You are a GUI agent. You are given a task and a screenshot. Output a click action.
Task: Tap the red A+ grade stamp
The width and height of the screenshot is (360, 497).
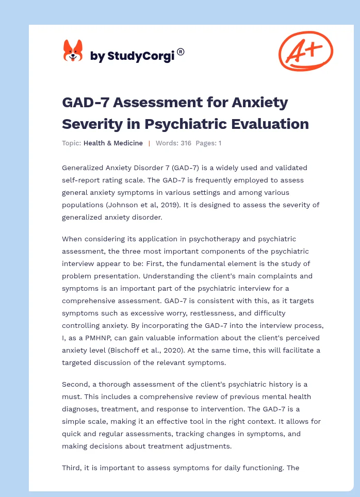[305, 51]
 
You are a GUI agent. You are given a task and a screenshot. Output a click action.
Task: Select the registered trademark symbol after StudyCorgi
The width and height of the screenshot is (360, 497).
[181, 52]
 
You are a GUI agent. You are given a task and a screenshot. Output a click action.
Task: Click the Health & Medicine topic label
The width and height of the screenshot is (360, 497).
[113, 143]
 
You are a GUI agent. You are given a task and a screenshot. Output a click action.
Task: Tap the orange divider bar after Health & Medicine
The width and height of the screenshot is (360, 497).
[149, 143]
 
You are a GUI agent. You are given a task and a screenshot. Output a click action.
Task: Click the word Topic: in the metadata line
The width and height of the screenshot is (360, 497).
[71, 143]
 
